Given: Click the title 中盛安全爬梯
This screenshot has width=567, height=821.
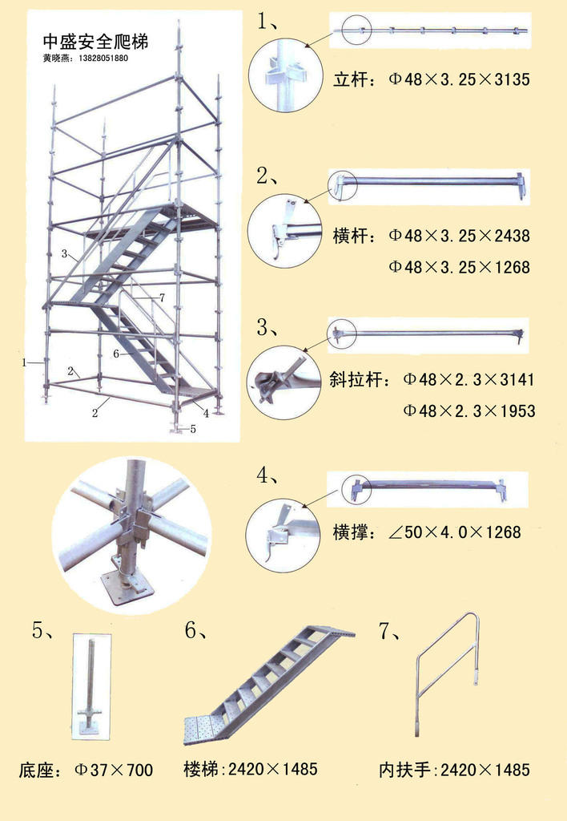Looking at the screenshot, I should click(95, 42).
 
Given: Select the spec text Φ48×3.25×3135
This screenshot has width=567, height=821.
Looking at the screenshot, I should click(460, 79).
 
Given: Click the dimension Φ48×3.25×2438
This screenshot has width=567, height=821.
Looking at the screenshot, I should click(460, 236).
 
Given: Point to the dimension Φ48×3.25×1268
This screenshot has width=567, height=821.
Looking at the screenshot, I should click(460, 267).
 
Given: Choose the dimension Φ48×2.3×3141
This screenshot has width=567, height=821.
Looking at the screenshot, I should click(468, 379).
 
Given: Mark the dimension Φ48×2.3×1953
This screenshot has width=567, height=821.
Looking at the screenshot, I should click(468, 411).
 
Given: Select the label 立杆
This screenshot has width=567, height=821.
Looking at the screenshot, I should click(352, 79).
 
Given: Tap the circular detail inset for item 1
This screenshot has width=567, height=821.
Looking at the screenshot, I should click(284, 75).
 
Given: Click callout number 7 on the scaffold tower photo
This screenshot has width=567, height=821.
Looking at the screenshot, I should click(162, 297).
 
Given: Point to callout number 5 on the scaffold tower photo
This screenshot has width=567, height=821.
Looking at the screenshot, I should click(192, 429).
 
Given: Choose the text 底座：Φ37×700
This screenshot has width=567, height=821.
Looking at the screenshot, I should click(86, 770).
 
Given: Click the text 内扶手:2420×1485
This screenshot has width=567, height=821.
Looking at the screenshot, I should click(454, 770).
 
